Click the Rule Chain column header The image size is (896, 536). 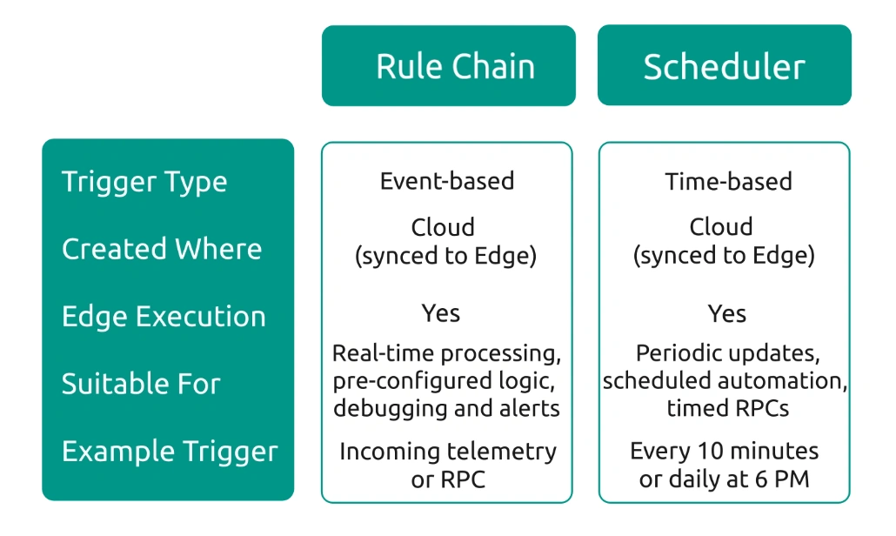pos(454,67)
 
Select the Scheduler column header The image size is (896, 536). pos(724,67)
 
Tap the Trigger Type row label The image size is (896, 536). pos(144,182)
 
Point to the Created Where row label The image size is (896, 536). pos(162,249)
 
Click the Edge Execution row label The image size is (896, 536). pos(164,316)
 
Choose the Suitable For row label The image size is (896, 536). pos(141,384)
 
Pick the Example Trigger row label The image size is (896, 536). pos(170,452)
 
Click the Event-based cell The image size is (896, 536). pos(447,181)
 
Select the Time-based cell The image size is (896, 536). pos(728,181)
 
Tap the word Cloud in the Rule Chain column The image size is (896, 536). pos(443,227)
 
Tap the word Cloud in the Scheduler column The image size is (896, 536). pos(721,227)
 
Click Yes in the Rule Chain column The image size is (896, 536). pos(441,313)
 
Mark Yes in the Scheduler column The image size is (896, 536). pos(727,313)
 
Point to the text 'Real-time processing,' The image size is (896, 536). pos(447,354)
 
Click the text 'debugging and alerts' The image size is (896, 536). pos(447,407)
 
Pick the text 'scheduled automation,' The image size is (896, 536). pos(725,380)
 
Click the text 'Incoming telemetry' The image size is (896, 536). pos(447,452)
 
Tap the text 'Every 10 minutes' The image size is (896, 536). pos(725,452)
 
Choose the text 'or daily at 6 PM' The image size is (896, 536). pos(725,479)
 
